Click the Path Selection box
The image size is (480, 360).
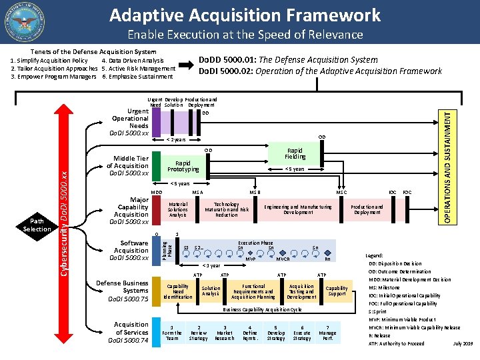37,225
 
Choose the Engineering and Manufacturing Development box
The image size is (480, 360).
297,209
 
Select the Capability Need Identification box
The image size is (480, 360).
177,291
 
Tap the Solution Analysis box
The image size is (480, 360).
211,291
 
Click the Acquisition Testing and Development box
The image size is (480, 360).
301,291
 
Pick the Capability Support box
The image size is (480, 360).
337,291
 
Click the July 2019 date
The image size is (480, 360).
462,343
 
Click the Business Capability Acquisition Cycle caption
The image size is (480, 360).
262,309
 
